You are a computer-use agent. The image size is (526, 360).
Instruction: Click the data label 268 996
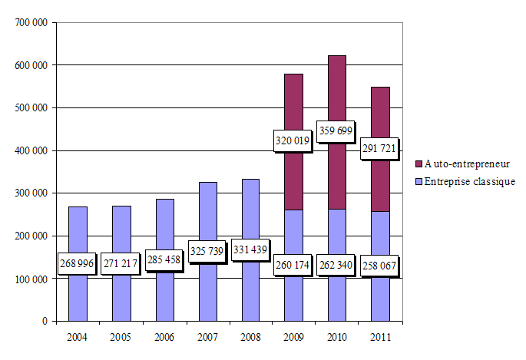(78, 263)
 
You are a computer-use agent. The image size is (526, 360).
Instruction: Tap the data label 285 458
(164, 259)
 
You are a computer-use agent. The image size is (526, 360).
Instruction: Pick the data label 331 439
(250, 251)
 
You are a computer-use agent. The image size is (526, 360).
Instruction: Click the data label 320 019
(293, 140)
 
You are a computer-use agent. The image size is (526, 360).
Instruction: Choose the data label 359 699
(336, 130)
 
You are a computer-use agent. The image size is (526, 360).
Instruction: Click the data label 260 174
(293, 266)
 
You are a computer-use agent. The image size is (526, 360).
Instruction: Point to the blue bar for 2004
(78, 230)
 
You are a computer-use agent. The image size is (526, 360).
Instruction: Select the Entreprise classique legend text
(469, 181)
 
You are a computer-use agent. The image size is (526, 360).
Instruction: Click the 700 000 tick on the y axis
(31, 23)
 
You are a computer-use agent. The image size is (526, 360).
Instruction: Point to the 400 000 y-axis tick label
(31, 150)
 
